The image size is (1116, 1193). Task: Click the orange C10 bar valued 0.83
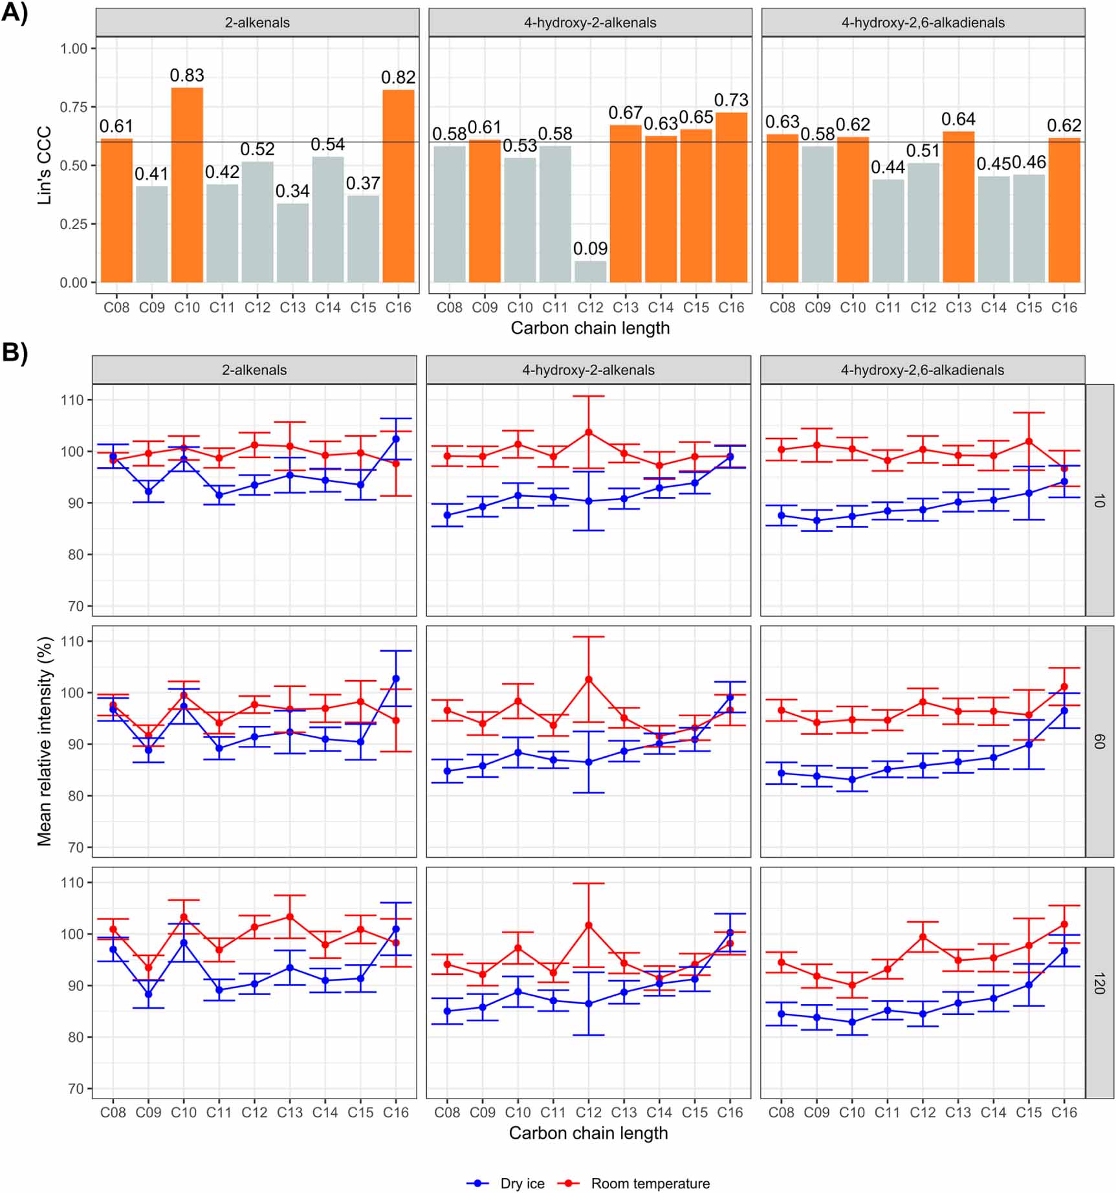coord(187,185)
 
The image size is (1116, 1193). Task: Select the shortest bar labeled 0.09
coord(590,272)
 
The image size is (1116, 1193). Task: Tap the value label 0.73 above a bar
coord(731,100)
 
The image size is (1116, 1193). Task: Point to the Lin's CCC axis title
coord(44,166)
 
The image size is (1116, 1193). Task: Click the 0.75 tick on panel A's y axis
coord(74,107)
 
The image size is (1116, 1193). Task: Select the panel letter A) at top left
coord(15,13)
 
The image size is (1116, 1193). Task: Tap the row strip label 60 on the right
coord(1099,741)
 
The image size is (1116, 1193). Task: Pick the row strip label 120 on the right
coord(1099,983)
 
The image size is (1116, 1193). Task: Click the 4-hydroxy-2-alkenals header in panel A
coord(590,23)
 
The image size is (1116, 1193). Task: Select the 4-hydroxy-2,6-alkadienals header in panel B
coord(922,370)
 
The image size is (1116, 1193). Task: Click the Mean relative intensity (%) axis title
coord(44,741)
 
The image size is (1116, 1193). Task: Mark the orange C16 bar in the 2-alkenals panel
coord(399,186)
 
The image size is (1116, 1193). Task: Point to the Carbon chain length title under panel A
coord(590,328)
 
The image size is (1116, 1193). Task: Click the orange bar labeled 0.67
coord(626,204)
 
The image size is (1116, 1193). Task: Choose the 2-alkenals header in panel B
coord(254,370)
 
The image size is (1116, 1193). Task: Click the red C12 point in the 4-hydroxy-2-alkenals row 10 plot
coord(589,432)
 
